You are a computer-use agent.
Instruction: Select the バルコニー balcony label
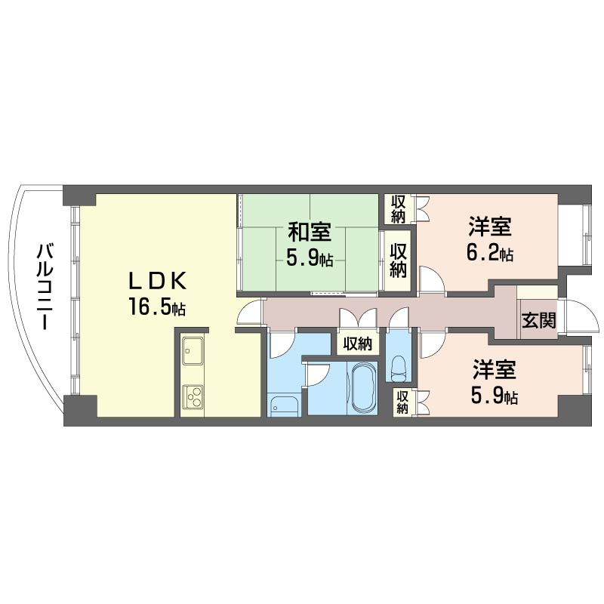pyautogui.click(x=43, y=287)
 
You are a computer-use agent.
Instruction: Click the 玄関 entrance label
pyautogui.click(x=538, y=320)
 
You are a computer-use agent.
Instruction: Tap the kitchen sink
pyautogui.click(x=193, y=353)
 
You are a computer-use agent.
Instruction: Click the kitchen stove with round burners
pyautogui.click(x=193, y=396)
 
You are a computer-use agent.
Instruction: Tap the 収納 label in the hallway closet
pyautogui.click(x=358, y=344)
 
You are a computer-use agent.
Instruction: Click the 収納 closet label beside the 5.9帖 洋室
pyautogui.click(x=402, y=402)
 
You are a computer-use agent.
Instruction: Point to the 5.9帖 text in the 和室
pyautogui.click(x=309, y=259)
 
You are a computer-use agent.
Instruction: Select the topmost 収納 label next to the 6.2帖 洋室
pyautogui.click(x=398, y=209)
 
